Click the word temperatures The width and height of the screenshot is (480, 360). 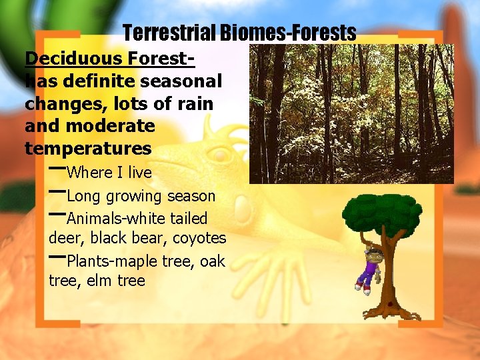88,147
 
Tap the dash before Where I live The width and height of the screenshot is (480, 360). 57,167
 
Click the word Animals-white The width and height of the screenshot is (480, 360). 114,219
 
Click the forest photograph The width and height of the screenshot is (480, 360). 351,113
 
